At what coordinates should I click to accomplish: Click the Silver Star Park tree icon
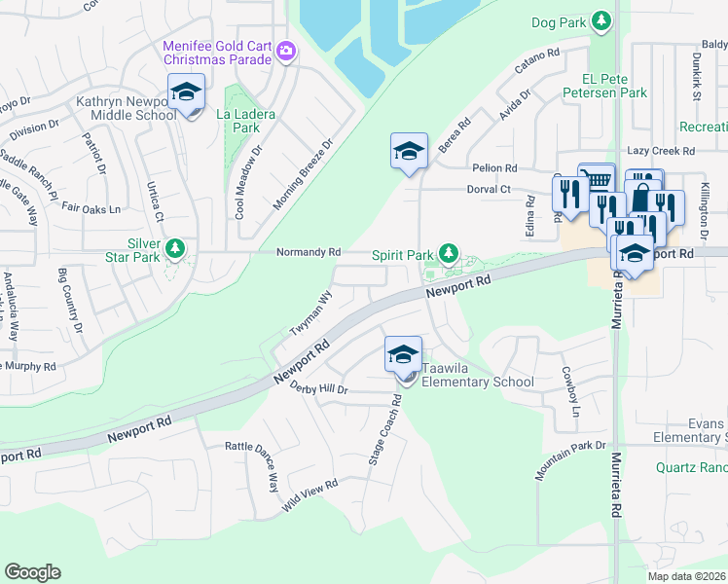tap(175, 249)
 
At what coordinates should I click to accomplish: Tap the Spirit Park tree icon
tap(448, 254)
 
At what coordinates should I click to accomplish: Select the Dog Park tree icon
tap(602, 20)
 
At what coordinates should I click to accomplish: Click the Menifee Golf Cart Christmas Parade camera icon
tap(285, 51)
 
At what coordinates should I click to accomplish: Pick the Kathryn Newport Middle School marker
tap(186, 94)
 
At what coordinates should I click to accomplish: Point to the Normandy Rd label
tap(309, 252)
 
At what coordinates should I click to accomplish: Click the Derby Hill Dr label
tap(318, 388)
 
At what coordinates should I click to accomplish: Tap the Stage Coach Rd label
tap(384, 429)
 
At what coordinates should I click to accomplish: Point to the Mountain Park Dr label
tap(570, 459)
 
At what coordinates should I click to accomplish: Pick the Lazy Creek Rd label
tap(661, 152)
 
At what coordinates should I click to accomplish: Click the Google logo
tap(32, 572)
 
